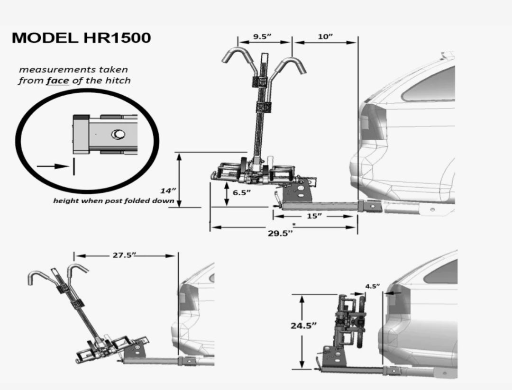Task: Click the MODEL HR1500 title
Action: (81, 38)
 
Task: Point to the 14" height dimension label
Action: (168, 190)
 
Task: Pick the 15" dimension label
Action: (314, 216)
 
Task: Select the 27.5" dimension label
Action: (124, 255)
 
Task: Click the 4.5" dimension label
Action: (372, 286)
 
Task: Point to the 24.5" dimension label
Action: (303, 326)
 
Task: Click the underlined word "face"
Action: (58, 80)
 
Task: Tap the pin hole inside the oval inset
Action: (117, 135)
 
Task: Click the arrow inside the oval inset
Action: (52, 166)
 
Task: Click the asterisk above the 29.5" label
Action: (294, 224)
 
